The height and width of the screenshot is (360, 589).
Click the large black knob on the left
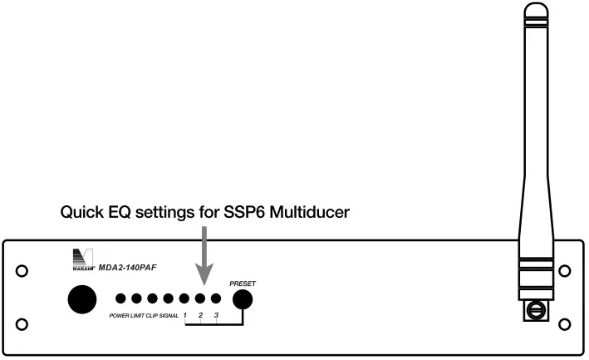coord(81,299)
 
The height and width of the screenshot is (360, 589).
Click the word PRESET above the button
coord(243,284)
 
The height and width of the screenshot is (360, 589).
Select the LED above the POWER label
coord(120,298)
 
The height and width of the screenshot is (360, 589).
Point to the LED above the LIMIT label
coord(136,298)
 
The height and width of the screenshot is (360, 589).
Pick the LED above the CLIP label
coord(152,298)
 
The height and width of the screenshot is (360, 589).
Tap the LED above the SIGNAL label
coord(168,298)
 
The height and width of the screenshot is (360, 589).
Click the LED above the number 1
coord(184,298)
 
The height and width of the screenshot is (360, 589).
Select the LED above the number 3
coord(216,298)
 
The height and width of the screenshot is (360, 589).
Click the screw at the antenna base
coord(535,313)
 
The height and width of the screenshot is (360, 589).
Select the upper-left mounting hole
coord(22,271)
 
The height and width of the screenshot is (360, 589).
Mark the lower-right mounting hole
coord(566,323)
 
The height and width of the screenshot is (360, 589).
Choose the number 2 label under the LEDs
coord(200,316)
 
